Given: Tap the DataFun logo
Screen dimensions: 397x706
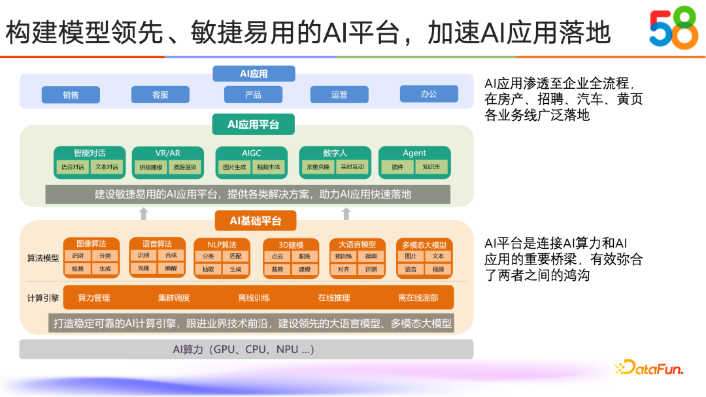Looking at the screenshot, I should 648,368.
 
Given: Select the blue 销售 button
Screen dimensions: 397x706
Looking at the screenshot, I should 71,95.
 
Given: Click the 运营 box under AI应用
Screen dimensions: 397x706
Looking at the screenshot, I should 339,95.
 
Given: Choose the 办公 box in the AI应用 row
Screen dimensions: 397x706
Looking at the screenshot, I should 429,94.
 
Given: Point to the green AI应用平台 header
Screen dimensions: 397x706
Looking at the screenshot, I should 253,124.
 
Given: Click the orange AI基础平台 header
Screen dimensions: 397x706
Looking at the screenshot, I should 256,221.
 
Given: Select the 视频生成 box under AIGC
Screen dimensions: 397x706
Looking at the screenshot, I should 268,167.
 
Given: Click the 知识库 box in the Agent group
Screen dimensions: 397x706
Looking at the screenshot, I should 431,167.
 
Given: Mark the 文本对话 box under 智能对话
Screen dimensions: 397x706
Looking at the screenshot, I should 107,167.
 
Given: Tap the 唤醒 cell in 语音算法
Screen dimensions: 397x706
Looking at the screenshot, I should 171,268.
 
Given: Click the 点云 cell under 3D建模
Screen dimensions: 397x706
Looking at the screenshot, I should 277,256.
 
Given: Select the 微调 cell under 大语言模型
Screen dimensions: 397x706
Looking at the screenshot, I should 371,256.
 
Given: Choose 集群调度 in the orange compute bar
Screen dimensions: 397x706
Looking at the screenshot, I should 174,298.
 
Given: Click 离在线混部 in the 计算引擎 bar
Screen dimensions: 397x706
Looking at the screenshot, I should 418,298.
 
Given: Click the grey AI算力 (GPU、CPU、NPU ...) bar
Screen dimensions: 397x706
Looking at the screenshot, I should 246,349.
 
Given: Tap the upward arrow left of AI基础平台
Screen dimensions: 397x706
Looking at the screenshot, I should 144,214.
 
